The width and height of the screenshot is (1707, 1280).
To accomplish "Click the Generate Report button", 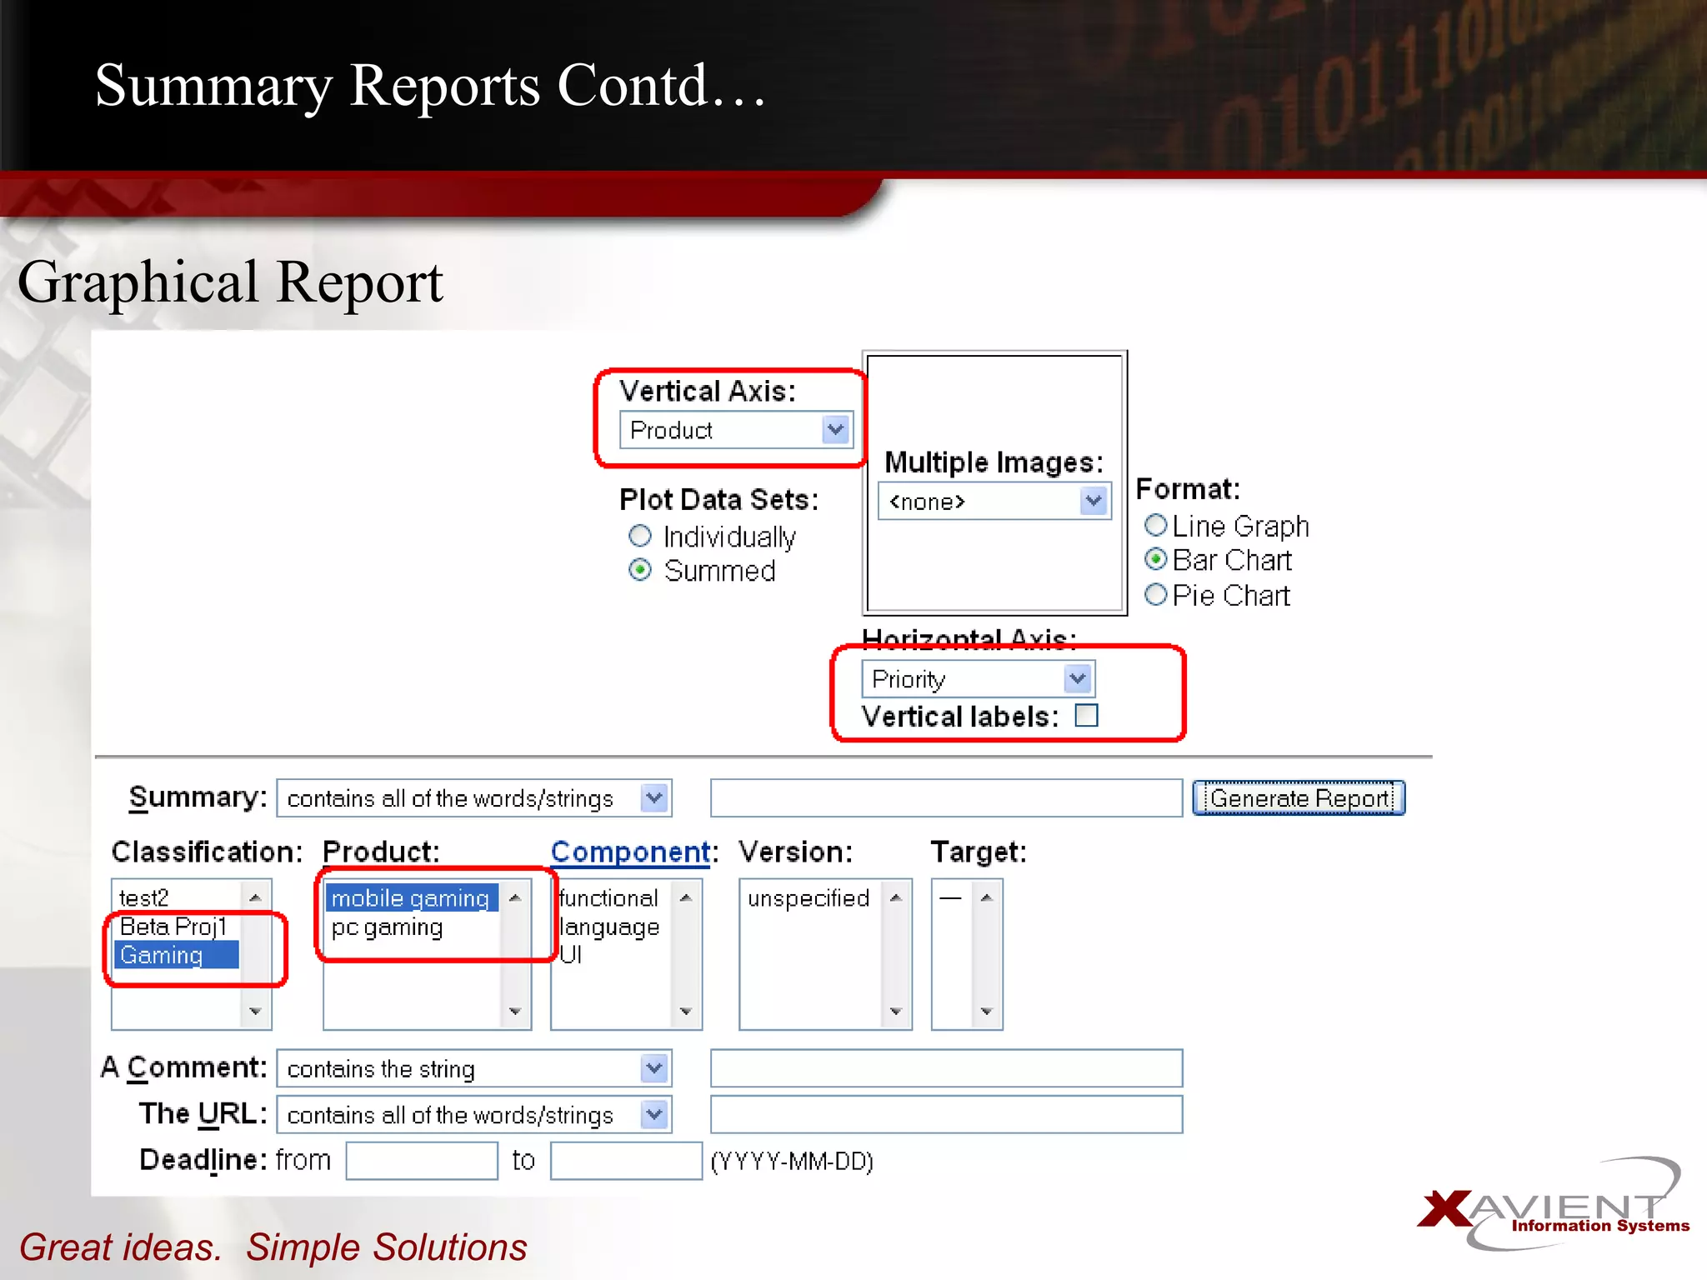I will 1299,798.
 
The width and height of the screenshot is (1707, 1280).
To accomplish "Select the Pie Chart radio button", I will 1155,595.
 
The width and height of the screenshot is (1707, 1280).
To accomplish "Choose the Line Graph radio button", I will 1155,526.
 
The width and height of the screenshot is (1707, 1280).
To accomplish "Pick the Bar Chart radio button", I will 1155,559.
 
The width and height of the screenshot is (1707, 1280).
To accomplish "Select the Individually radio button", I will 639,536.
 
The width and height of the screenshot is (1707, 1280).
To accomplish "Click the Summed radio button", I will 639,570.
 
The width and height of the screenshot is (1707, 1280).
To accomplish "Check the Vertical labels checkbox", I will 1086,716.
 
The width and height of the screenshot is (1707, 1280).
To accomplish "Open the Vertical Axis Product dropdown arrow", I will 835,430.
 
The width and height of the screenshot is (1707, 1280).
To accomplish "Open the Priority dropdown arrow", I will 1077,679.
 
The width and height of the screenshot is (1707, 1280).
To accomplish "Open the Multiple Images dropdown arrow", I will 1093,502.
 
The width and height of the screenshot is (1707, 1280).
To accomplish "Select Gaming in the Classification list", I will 162,955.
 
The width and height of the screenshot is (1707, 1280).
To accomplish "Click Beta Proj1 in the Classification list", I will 173,927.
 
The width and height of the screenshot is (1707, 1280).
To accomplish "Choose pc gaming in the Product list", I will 387,927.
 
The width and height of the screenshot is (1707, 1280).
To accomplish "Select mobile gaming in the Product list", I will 410,898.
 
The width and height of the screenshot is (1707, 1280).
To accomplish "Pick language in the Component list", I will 609,927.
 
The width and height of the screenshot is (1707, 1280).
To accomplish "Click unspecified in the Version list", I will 808,898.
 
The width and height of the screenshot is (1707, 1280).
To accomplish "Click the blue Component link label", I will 630,852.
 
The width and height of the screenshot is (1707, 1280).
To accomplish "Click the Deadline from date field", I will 422,1161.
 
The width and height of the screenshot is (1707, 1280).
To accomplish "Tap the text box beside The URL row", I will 946,1115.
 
